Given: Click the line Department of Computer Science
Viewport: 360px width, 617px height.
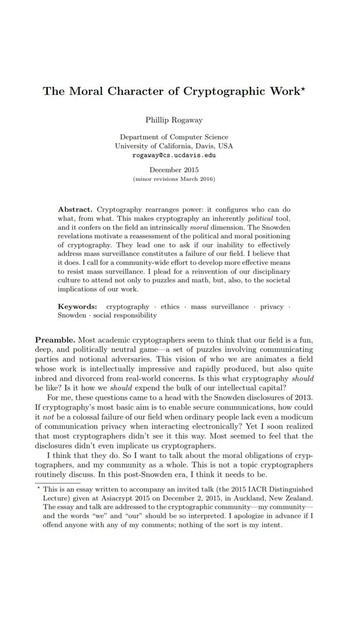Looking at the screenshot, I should pyautogui.click(x=176, y=137).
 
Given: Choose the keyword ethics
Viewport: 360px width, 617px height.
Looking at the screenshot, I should pyautogui.click(x=170, y=306).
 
